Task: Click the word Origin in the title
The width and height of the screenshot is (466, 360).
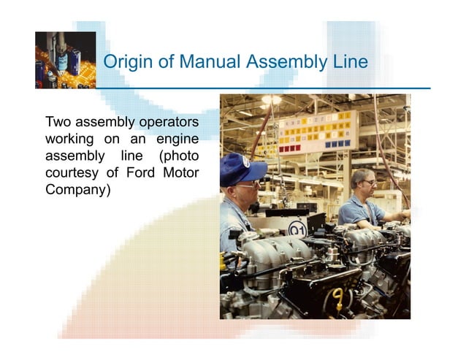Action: (x=126, y=63)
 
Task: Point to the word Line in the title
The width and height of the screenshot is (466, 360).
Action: (x=348, y=62)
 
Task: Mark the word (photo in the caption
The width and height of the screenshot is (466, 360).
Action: (x=179, y=156)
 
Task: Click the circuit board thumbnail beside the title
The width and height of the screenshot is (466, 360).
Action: (x=65, y=60)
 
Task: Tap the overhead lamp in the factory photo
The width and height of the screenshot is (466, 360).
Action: (x=271, y=100)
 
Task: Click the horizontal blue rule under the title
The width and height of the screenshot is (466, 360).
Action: (x=263, y=88)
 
